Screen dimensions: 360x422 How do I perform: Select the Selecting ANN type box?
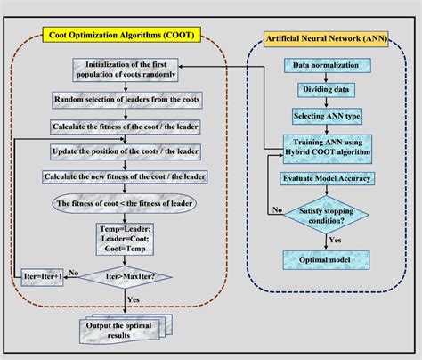(327, 117)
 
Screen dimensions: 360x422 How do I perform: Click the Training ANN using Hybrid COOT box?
(327, 147)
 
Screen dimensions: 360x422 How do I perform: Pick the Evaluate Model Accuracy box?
(327, 178)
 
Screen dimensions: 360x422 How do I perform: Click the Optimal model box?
(327, 259)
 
